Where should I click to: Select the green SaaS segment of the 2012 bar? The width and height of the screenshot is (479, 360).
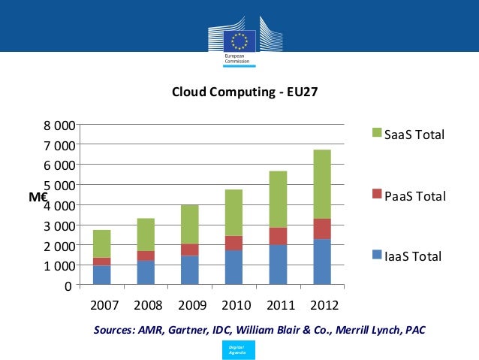[321, 184]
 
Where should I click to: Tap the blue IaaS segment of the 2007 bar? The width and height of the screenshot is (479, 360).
[101, 275]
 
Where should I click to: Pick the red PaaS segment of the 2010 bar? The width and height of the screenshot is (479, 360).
[233, 243]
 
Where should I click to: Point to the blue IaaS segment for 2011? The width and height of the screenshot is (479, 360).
[277, 265]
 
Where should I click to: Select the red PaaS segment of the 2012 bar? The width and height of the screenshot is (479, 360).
[321, 228]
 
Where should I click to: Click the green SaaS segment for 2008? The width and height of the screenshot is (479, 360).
[146, 234]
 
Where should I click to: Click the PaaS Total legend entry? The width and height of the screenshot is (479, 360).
[409, 196]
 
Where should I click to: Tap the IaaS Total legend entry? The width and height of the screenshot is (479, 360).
[409, 257]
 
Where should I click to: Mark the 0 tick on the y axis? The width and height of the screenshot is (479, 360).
[68, 286]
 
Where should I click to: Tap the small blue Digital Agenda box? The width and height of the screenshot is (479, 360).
[239, 349]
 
